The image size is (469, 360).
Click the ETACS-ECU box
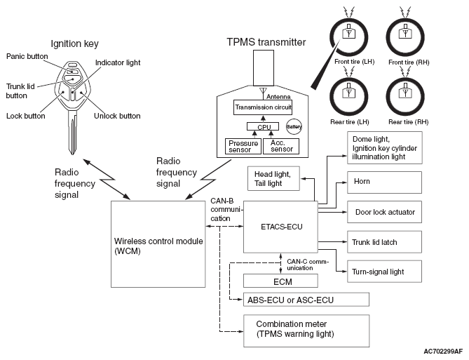[280, 227]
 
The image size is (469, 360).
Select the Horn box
[384, 182]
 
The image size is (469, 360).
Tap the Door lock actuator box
[384, 212]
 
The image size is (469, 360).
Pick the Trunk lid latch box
[384, 241]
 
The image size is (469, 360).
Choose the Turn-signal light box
[384, 272]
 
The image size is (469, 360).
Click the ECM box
[280, 281]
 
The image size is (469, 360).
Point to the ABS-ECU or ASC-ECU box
[306, 300]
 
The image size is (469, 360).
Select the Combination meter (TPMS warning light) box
[306, 331]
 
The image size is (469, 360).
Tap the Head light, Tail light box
[273, 178]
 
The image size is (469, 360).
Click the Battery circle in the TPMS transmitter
[294, 127]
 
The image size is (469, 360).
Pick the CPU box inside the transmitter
[263, 127]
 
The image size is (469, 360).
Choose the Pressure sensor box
[243, 146]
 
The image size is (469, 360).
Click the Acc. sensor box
[281, 146]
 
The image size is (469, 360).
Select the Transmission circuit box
[263, 107]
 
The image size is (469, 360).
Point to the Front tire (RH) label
[409, 62]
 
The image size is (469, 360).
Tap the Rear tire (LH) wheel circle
[348, 96]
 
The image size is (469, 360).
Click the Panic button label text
[27, 56]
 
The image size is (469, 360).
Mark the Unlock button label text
[117, 116]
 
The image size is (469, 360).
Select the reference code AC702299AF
[443, 352]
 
